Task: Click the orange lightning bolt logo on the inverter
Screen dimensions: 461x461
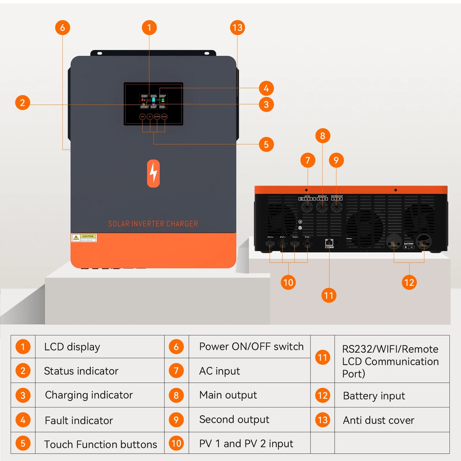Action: pos(153,173)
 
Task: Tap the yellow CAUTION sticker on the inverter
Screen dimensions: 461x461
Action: pos(84,238)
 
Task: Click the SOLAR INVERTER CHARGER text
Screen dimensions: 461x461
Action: pos(153,224)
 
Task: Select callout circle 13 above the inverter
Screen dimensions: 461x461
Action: pos(237,28)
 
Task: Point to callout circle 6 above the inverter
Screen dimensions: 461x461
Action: pos(63,28)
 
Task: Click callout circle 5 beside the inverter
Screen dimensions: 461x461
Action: pos(266,145)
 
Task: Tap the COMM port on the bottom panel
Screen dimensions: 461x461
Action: pos(329,242)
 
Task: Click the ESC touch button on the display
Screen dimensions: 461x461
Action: pos(143,117)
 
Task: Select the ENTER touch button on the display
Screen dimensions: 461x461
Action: pos(164,117)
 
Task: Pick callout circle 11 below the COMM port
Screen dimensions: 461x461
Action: pos(329,295)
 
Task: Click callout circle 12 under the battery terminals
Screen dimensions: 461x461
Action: pos(409,282)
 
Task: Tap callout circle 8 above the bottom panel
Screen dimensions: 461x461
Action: pos(323,136)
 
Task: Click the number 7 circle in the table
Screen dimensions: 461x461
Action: pos(176,371)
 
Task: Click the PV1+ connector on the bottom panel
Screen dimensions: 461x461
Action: pos(270,244)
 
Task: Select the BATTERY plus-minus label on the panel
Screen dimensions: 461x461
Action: pos(409,246)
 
